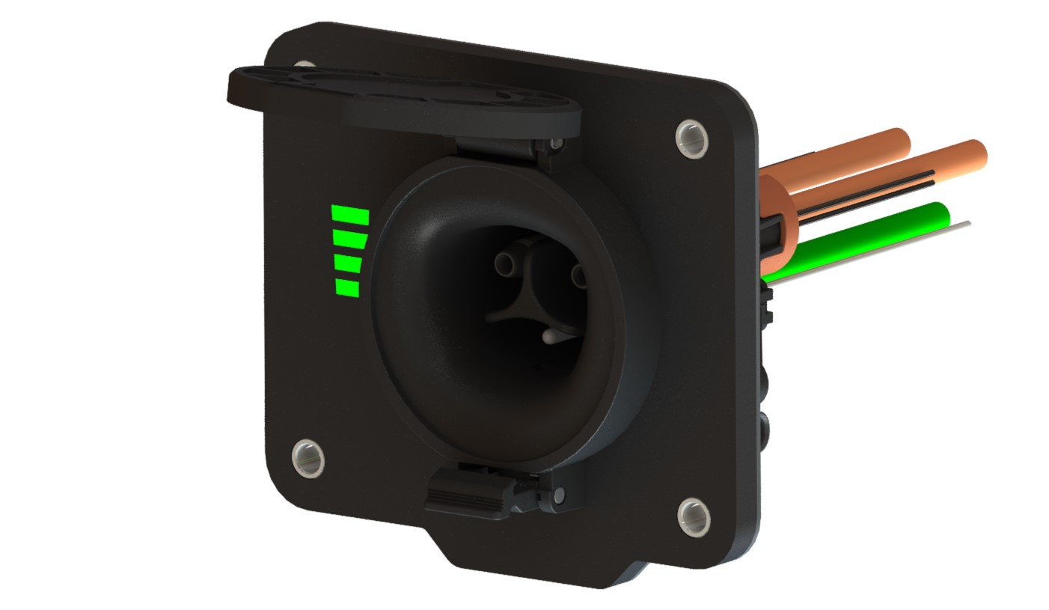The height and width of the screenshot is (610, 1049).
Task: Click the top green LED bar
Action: [350, 216]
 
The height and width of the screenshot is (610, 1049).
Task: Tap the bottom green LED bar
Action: [347, 287]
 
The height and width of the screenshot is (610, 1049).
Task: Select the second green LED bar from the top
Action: [349, 240]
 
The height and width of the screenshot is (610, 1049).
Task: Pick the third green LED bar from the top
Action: [348, 263]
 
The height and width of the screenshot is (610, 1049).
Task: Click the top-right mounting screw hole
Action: [691, 138]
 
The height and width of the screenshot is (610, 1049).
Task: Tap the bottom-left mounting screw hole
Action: [308, 457]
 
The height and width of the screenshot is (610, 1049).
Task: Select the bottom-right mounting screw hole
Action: [694, 516]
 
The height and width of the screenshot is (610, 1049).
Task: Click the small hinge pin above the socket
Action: [555, 142]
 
